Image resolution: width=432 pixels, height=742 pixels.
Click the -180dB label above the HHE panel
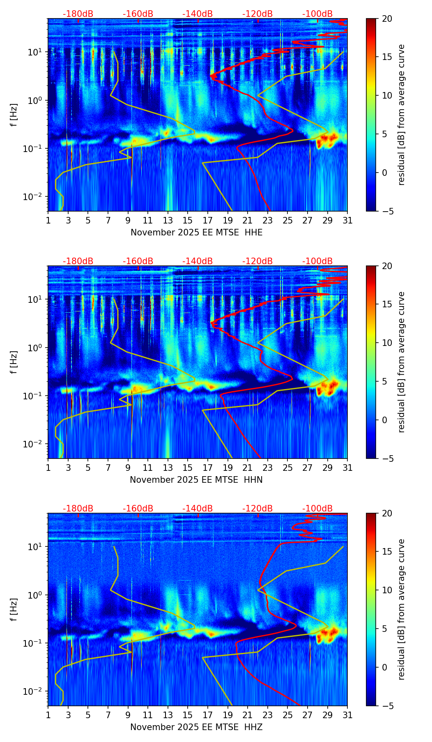[78, 14]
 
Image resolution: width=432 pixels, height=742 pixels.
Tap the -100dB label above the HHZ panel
[317, 509]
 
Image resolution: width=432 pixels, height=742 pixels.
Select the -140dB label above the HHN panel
[198, 261]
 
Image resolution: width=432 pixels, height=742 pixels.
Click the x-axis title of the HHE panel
[196, 233]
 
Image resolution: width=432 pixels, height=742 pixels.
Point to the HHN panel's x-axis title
[196, 480]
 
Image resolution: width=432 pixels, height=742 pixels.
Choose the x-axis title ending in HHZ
[196, 727]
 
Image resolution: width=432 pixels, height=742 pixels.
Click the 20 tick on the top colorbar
[387, 19]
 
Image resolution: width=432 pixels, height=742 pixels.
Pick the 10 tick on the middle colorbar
[387, 343]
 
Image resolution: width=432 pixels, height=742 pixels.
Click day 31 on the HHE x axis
[347, 221]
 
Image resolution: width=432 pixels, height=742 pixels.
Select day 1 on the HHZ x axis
[48, 715]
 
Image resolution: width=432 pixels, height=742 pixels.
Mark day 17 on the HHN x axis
[208, 468]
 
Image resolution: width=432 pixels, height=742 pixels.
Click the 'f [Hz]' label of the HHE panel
[14, 115]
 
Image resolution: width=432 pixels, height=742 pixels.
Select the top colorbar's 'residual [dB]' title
[401, 115]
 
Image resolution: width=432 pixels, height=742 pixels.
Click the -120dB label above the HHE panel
[257, 14]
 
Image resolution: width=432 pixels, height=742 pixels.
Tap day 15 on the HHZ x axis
[188, 715]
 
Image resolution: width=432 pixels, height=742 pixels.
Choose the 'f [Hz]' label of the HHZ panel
[14, 610]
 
